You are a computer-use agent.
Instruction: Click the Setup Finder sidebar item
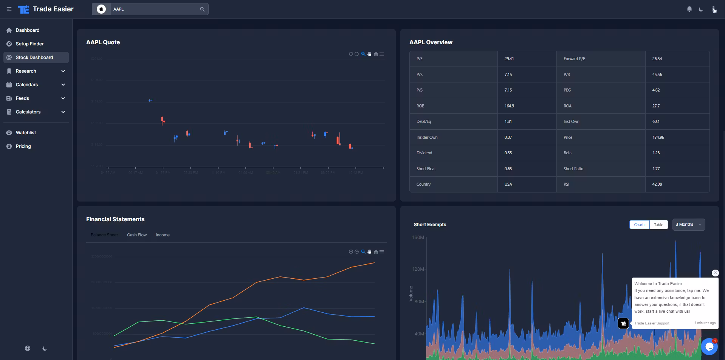[29, 44]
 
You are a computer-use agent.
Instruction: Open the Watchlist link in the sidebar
[26, 133]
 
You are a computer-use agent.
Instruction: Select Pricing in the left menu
[23, 146]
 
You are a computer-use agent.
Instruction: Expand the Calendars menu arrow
[63, 85]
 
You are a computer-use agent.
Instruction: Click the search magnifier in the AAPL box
[202, 9]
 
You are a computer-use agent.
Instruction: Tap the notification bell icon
[689, 9]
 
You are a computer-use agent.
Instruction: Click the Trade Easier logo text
[53, 9]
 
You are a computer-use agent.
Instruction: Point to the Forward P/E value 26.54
[657, 59]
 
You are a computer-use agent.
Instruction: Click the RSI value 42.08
[657, 184]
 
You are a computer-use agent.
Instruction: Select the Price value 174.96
[658, 137]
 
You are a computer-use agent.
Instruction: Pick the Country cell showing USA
[508, 184]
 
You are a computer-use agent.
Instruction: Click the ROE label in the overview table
[420, 106]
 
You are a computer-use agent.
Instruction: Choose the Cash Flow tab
[137, 235]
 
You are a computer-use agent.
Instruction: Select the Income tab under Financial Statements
[163, 235]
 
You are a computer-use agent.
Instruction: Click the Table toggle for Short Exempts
[658, 225]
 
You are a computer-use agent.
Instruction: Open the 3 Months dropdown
[688, 225]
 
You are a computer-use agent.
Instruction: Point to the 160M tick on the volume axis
[418, 237]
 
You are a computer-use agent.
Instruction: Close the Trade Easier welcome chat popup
[715, 273]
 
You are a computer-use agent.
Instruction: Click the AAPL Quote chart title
[103, 42]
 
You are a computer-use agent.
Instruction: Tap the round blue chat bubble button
[709, 346]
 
